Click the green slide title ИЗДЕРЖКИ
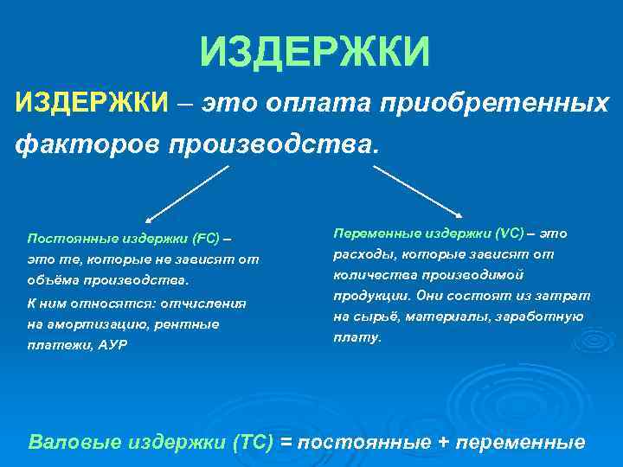[x=314, y=51]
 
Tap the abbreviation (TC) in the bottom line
[x=254, y=442]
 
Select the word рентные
[x=196, y=324]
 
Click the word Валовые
[x=74, y=442]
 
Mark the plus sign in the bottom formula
[x=444, y=442]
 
